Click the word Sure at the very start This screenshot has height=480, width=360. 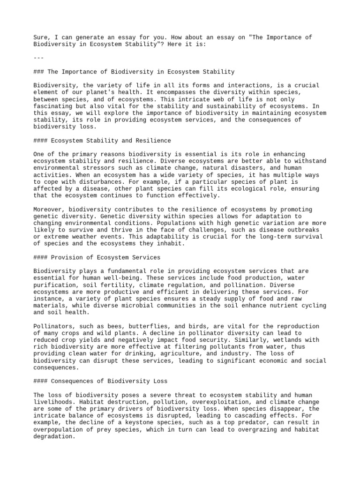pyautogui.click(x=40, y=37)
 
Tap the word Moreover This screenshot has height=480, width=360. pyautogui.click(x=49, y=209)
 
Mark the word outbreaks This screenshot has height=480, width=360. pyautogui.click(x=302, y=230)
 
